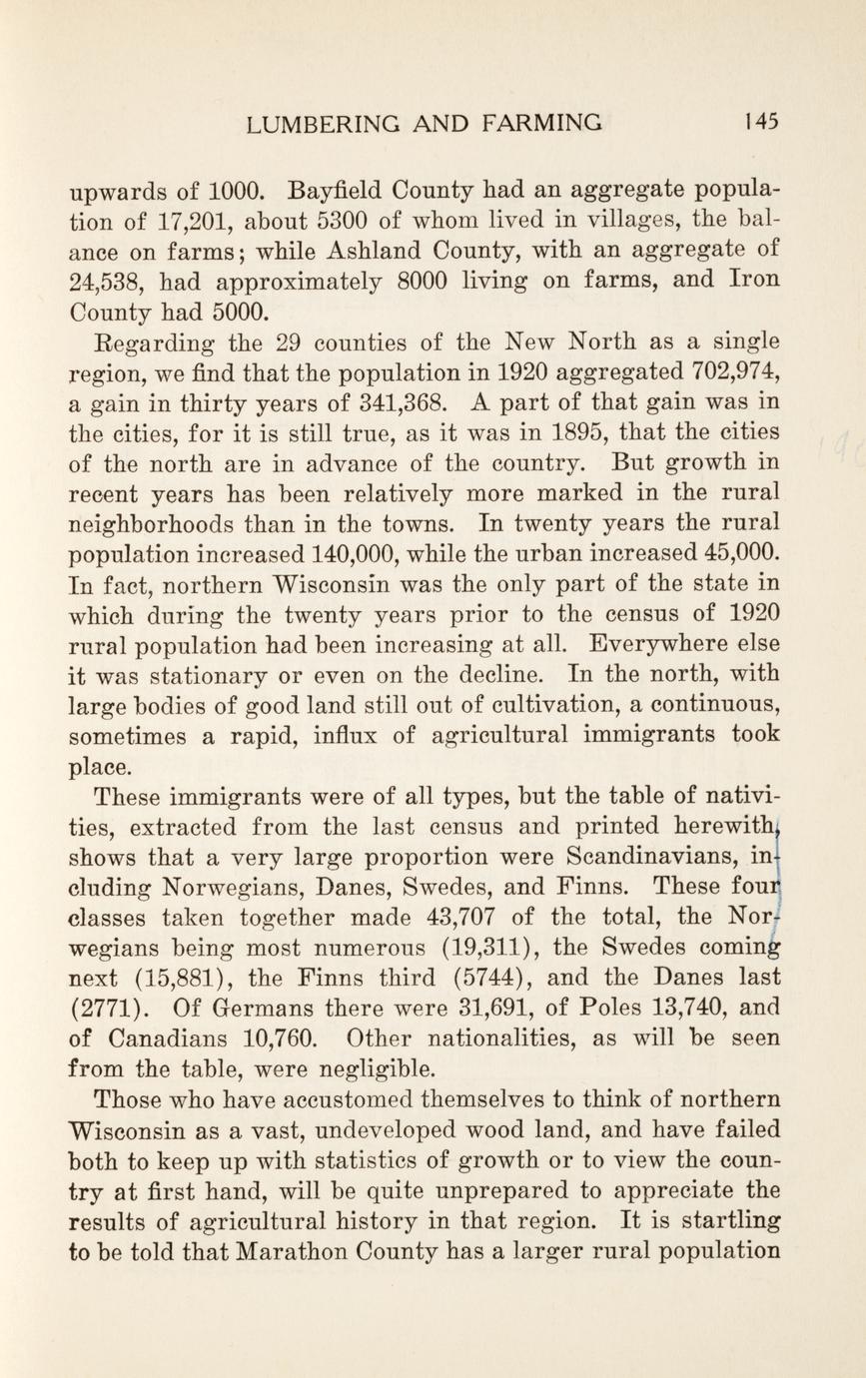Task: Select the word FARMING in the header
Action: pyautogui.click(x=542, y=123)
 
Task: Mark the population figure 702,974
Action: pyautogui.click(x=734, y=372)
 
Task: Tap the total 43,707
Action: pyautogui.click(x=459, y=918)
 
